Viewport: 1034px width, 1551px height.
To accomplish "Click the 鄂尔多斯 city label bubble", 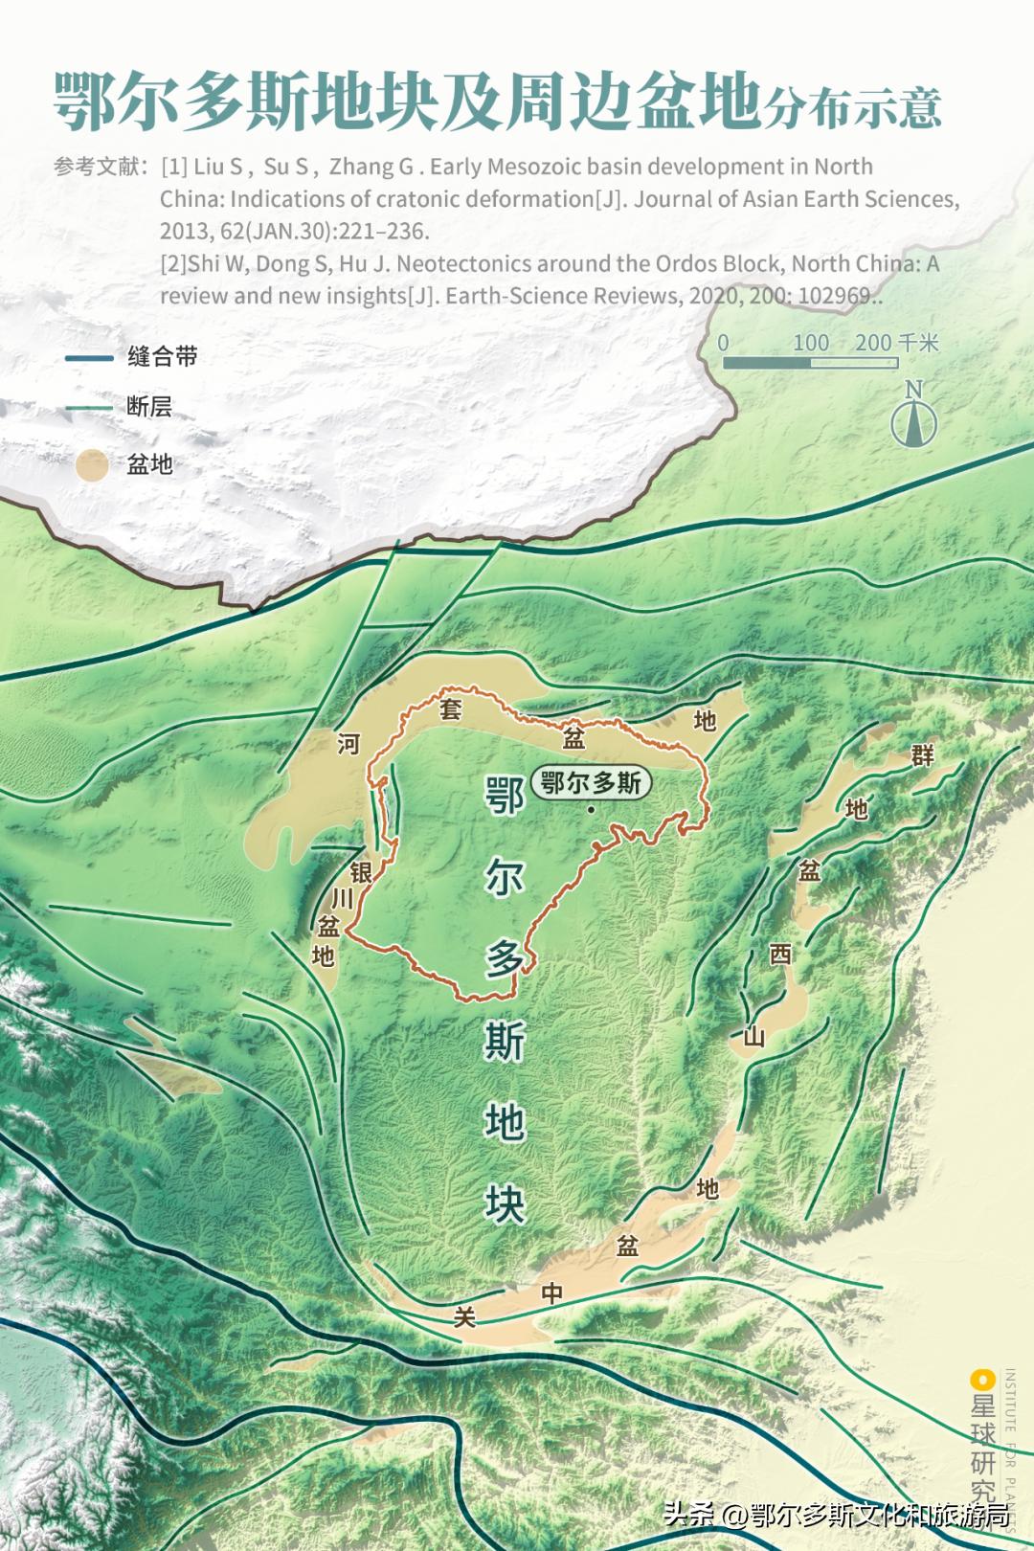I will pyautogui.click(x=591, y=782).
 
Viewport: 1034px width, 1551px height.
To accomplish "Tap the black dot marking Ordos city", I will pyautogui.click(x=592, y=810).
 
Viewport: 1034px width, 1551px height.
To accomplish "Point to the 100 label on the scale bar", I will pyautogui.click(x=810, y=343).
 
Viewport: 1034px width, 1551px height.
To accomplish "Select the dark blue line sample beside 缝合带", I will pyautogui.click(x=89, y=358).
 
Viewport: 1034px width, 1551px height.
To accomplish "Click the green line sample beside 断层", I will pyautogui.click(x=89, y=408).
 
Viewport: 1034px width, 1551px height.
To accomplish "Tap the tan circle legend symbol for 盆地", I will pyautogui.click(x=92, y=465).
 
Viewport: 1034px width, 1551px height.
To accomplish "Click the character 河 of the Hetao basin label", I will pyautogui.click(x=348, y=744).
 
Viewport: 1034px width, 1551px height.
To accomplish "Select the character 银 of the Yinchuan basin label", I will pyautogui.click(x=361, y=872).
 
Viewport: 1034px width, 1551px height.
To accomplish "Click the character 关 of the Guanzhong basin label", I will pyautogui.click(x=464, y=1318).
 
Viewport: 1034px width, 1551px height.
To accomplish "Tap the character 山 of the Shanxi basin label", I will pyautogui.click(x=754, y=1036).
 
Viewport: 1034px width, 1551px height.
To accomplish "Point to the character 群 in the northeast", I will pyautogui.click(x=922, y=755).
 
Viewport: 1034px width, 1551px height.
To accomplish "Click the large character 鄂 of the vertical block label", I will pyautogui.click(x=505, y=795).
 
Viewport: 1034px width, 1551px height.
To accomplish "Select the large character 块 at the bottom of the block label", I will pyautogui.click(x=505, y=1204).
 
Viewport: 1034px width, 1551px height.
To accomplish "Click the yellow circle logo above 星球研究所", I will pyautogui.click(x=982, y=1380).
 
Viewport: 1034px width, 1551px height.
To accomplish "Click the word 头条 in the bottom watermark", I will pyautogui.click(x=688, y=1514).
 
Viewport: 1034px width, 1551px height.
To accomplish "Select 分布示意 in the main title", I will pyautogui.click(x=852, y=107).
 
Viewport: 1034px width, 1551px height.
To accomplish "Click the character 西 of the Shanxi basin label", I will pyautogui.click(x=781, y=955).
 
